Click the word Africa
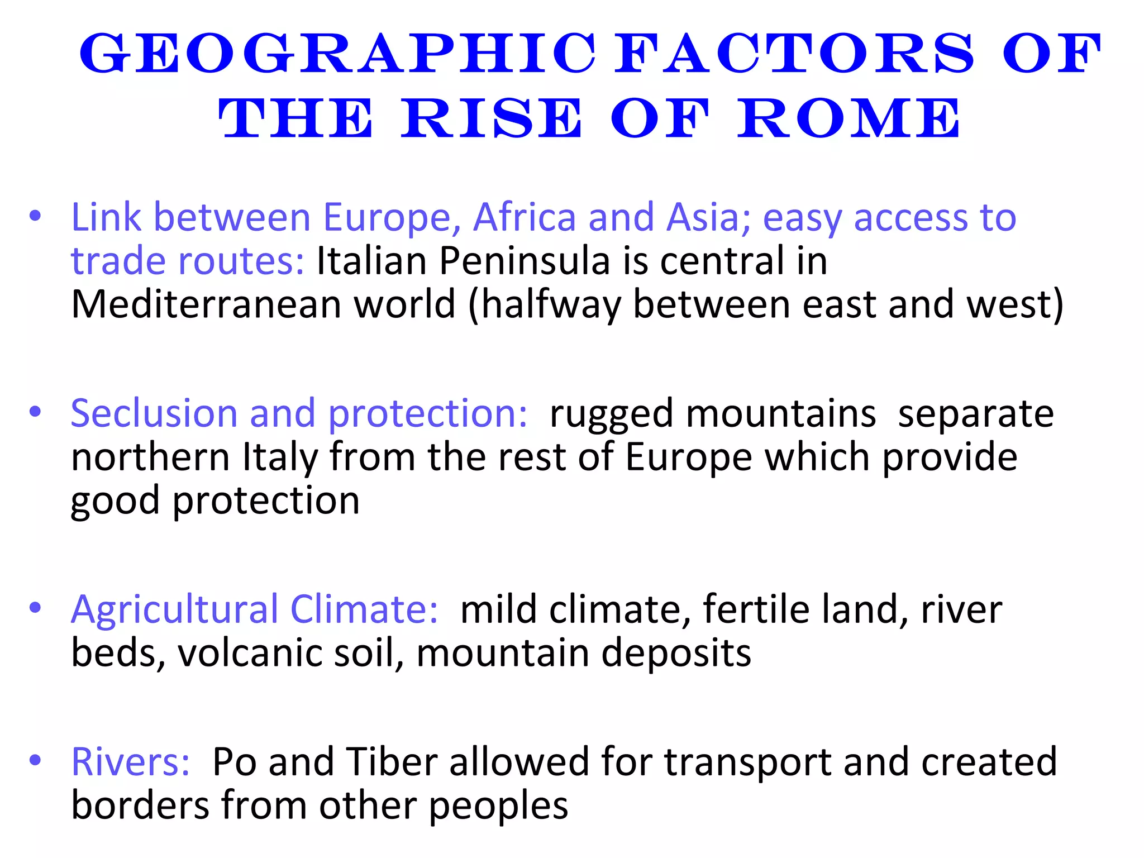click(524, 217)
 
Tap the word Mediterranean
click(206, 304)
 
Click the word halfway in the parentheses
click(551, 306)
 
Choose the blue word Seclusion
click(154, 413)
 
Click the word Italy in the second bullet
click(279, 457)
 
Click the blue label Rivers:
click(131, 761)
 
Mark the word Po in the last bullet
click(234, 761)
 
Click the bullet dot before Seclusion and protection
click(35, 412)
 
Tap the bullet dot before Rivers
click(35, 760)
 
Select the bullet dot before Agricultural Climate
click(35, 608)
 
